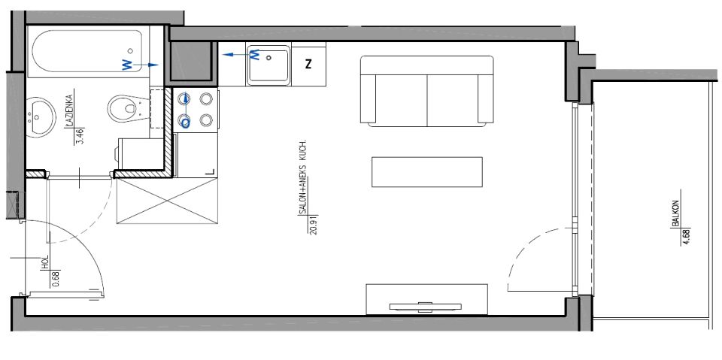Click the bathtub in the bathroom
[88, 52]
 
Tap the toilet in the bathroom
[127, 109]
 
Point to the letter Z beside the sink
[308, 64]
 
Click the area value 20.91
[314, 224]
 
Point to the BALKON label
[676, 213]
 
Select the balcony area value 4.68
[687, 236]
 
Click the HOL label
[45, 262]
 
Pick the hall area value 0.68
[56, 278]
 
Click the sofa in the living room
[427, 91]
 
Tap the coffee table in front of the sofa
[427, 172]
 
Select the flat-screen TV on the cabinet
[426, 306]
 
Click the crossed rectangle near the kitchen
[167, 201]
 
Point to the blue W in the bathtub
[127, 65]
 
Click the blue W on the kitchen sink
[255, 56]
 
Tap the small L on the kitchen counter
[211, 171]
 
